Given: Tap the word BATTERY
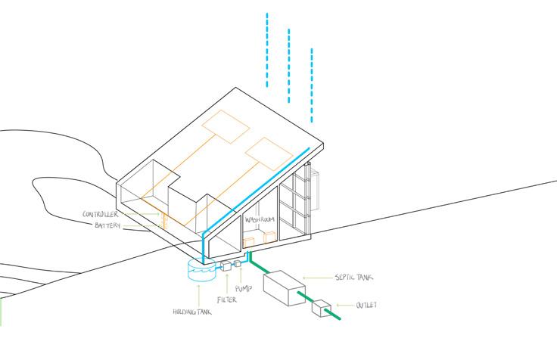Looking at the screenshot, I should pos(109,225).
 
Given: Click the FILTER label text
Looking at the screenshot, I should pos(226,299).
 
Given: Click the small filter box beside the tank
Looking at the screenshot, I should pos(226,266).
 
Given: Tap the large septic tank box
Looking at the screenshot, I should pos(284,288).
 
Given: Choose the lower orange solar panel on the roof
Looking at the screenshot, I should pos(269,154).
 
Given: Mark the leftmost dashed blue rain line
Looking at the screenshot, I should pos(266,49).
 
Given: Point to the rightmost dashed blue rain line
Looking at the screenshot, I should pos(311,85).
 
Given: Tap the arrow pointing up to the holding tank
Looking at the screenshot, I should pos(199,295).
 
